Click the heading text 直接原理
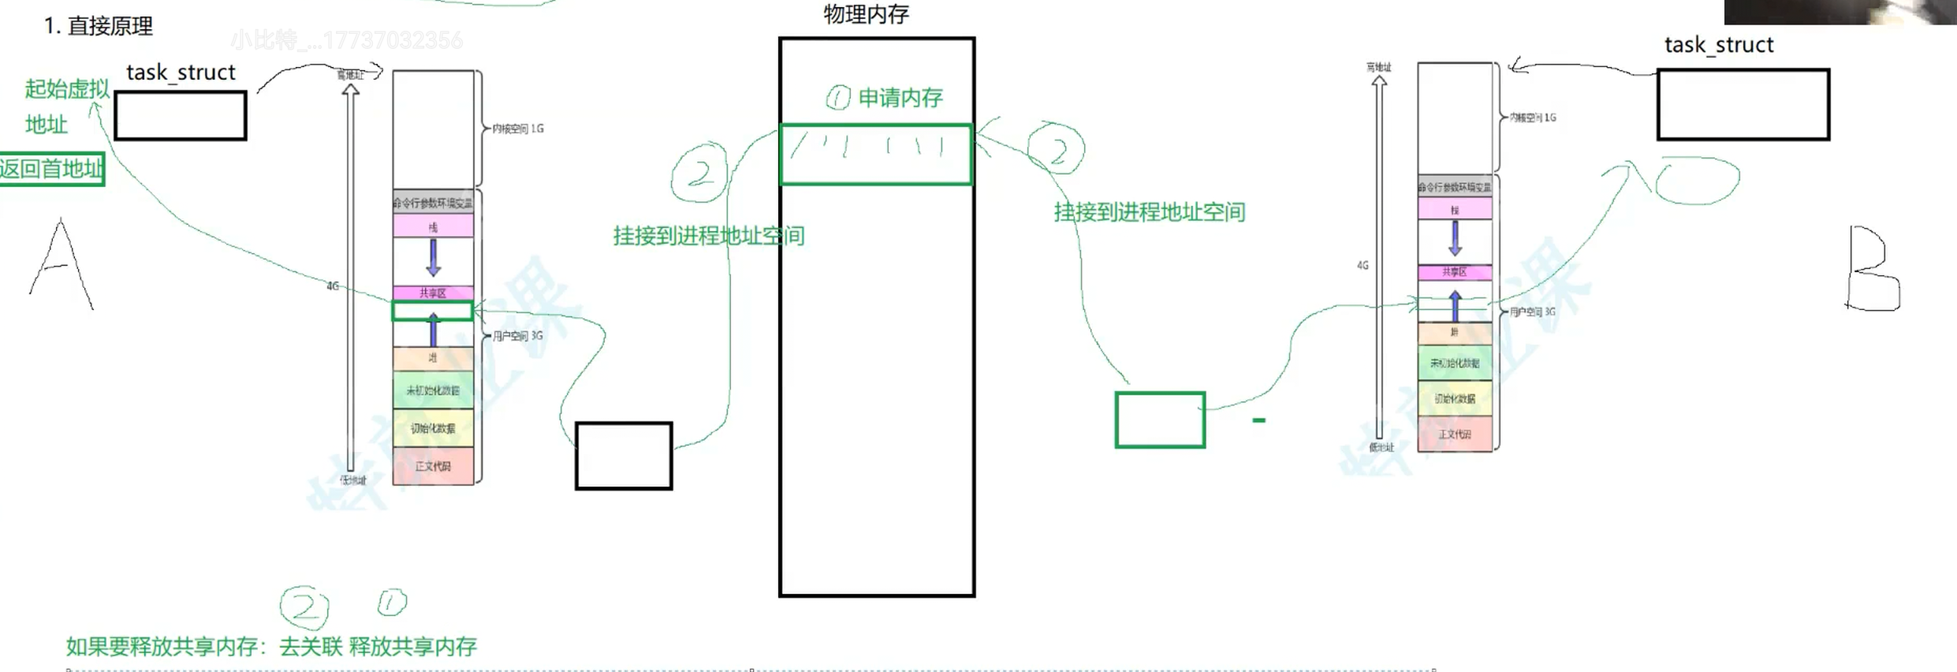click(x=110, y=27)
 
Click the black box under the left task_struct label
click(x=181, y=116)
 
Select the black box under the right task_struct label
click(x=1743, y=105)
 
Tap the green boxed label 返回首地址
click(x=51, y=169)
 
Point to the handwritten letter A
click(x=62, y=266)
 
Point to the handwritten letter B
click(x=1873, y=269)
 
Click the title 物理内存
click(x=866, y=14)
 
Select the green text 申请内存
click(x=900, y=98)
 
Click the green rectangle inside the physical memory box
click(x=875, y=155)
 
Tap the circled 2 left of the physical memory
click(x=699, y=173)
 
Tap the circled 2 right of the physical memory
click(x=1057, y=150)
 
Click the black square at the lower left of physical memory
click(x=624, y=456)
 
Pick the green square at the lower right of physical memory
click(x=1160, y=420)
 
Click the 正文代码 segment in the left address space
click(x=433, y=466)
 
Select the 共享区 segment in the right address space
click(x=1455, y=272)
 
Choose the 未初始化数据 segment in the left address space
click(x=433, y=390)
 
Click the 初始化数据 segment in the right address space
click(x=1455, y=399)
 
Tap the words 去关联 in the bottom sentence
click(x=311, y=647)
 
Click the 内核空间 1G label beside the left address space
click(x=517, y=129)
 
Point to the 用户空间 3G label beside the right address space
click(x=1532, y=312)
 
